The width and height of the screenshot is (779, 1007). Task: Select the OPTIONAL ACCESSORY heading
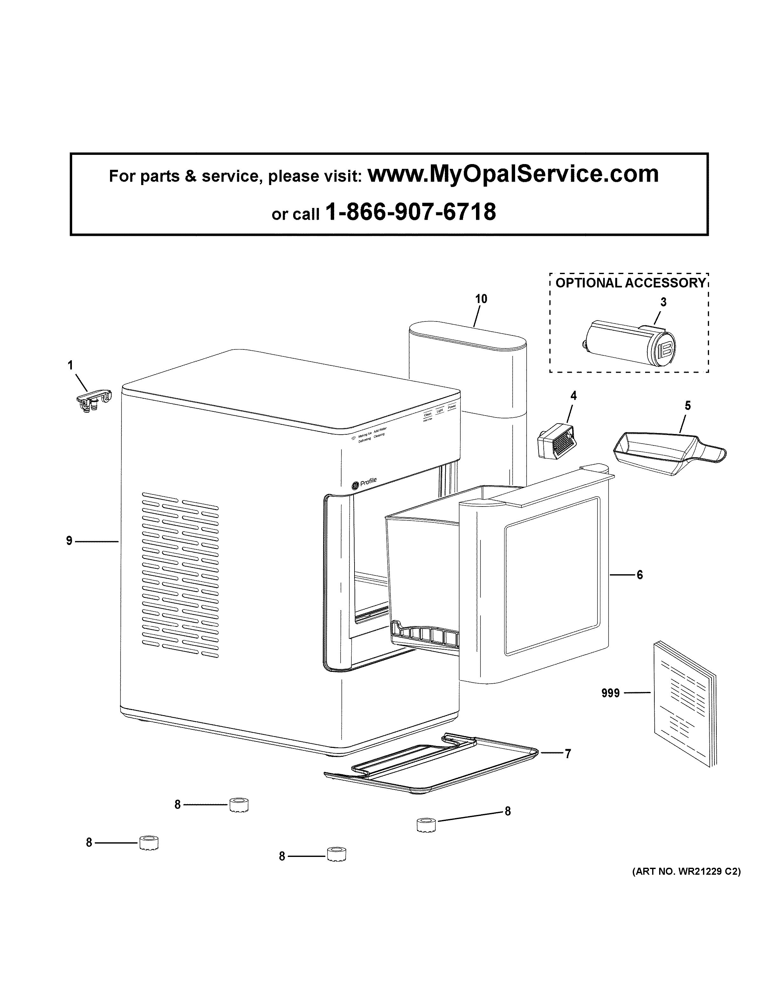630,283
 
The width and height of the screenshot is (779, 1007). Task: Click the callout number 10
481,299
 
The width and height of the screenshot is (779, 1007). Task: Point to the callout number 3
663,302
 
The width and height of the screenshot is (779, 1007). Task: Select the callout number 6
640,575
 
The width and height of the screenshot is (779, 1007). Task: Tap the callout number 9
69,541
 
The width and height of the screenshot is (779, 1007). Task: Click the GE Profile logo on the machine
364,484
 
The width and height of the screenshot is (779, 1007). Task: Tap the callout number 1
71,366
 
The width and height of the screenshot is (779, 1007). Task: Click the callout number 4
573,396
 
